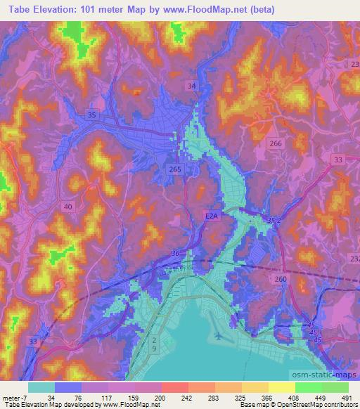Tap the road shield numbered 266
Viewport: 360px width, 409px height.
(x=276, y=143)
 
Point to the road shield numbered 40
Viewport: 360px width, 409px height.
(x=67, y=206)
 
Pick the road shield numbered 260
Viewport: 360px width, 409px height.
(x=281, y=279)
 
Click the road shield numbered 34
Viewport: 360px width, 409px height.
(x=192, y=86)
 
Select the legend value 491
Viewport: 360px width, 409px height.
(x=345, y=398)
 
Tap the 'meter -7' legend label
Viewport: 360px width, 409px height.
(x=14, y=398)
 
